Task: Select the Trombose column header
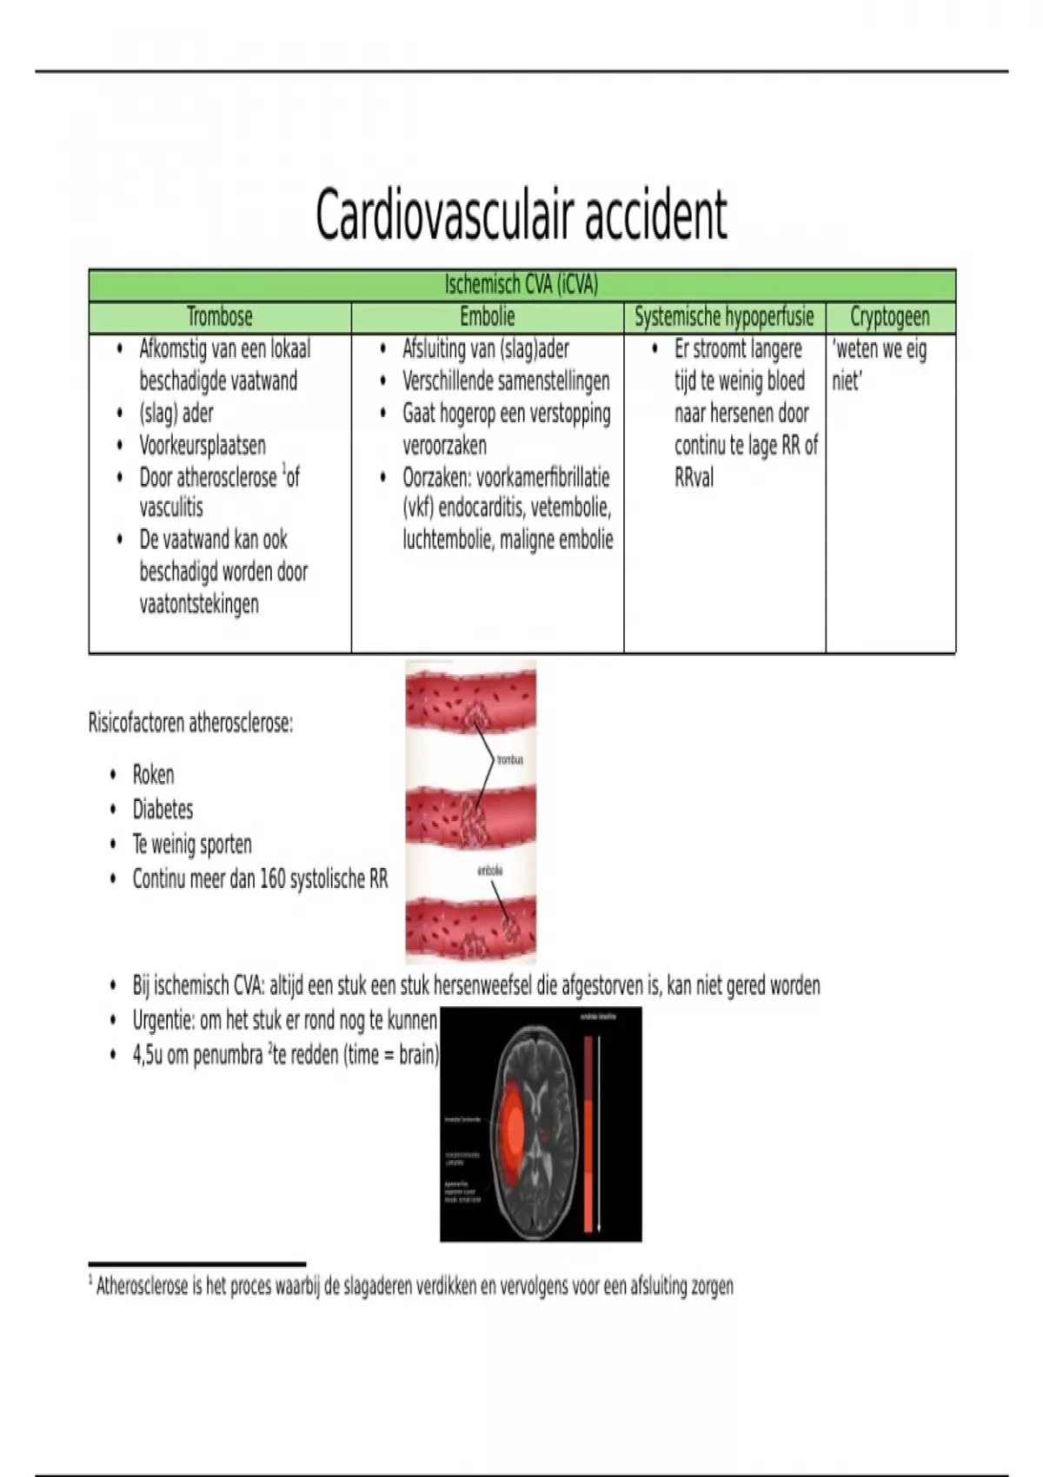(220, 317)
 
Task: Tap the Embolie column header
(488, 317)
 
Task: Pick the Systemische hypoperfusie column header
(724, 317)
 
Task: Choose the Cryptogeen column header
(889, 317)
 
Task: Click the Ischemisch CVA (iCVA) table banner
(521, 285)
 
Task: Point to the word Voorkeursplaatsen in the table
(203, 445)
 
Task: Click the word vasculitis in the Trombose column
(171, 507)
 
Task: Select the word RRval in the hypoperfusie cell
(694, 477)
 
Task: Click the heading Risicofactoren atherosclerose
(190, 723)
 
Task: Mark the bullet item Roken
(153, 774)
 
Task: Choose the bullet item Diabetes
(163, 809)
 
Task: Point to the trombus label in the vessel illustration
(509, 760)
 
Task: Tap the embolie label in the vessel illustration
(490, 870)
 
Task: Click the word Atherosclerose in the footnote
(142, 1286)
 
